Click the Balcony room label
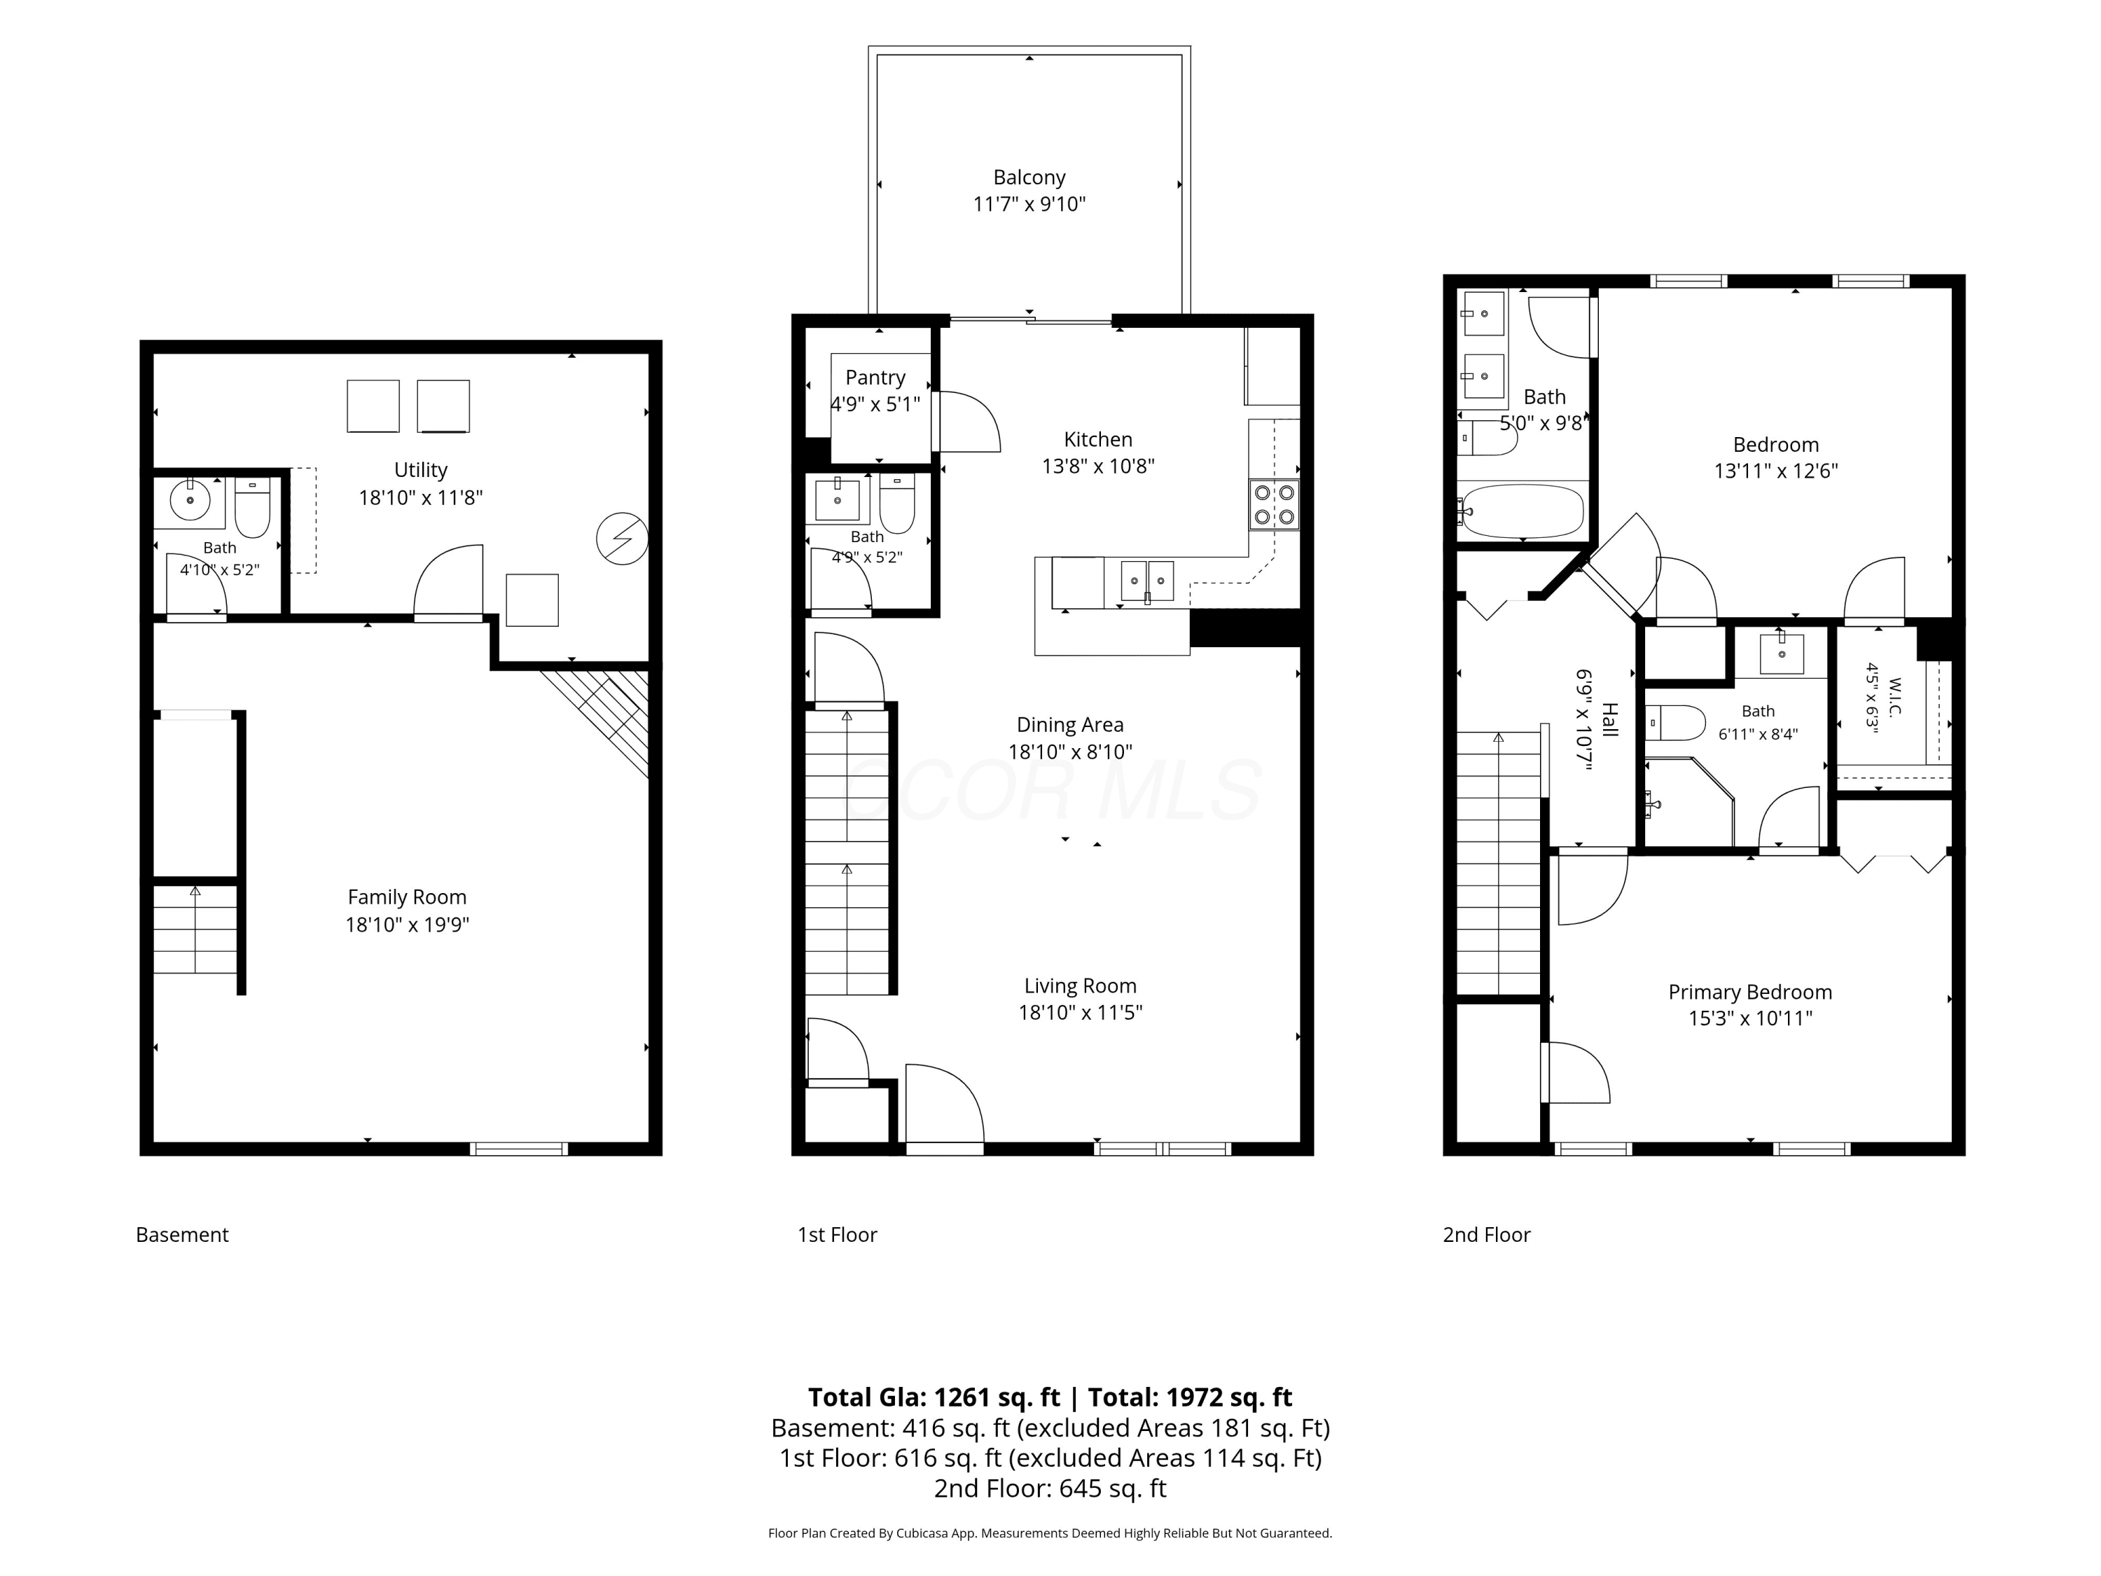click(x=1029, y=178)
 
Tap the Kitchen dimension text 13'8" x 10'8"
click(x=1098, y=466)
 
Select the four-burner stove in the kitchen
click(x=1274, y=504)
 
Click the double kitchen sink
click(x=1147, y=581)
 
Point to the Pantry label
click(x=875, y=378)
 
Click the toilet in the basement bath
click(x=253, y=507)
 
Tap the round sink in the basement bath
click(x=190, y=499)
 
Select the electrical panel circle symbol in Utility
click(x=622, y=539)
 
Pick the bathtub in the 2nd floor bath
click(x=1523, y=512)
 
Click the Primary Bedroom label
click(x=1749, y=992)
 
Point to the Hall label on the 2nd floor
click(x=1609, y=718)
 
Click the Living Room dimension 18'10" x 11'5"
click(x=1080, y=1013)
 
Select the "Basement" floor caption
click(x=182, y=1235)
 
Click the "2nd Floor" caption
click(x=1487, y=1235)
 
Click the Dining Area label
click(x=1069, y=725)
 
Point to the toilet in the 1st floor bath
click(x=896, y=504)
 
